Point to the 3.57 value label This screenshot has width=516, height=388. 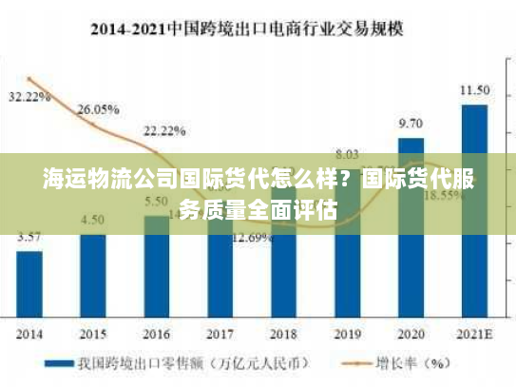coord(29,238)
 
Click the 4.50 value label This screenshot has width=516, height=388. coord(93,220)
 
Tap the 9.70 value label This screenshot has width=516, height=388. coord(411,124)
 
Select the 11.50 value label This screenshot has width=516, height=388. coord(474,90)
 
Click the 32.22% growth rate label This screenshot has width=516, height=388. coord(29,96)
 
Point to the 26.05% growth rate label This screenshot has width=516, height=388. coord(98,109)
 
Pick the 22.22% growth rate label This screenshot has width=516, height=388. coord(164,130)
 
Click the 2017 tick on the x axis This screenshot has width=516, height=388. coord(220,335)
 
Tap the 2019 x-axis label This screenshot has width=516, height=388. coord(347,335)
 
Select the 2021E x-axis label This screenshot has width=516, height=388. coord(474,335)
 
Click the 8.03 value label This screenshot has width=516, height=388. coord(347,154)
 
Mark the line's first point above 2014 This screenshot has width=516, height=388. coord(29,79)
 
